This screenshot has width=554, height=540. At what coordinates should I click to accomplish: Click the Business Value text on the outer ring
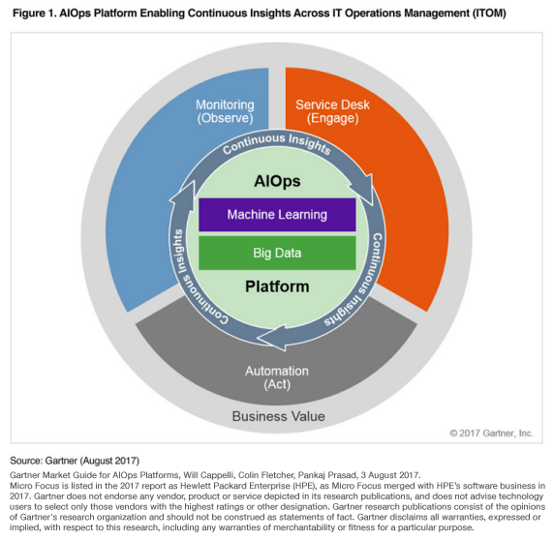[277, 416]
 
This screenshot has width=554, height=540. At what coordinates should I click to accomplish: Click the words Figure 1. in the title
[31, 11]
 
